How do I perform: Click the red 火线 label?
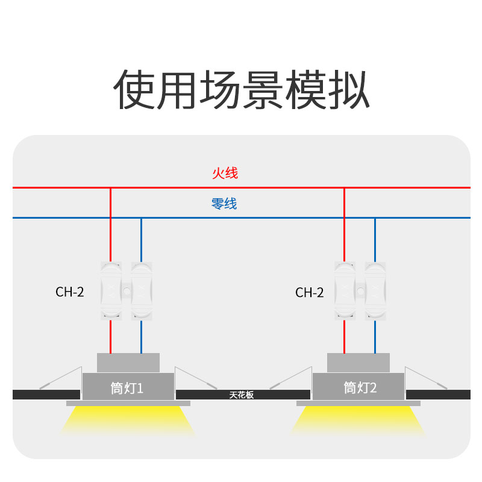pos(225,174)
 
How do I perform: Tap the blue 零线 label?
pos(224,204)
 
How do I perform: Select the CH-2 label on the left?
pos(70,292)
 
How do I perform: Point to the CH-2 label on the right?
pos(310,293)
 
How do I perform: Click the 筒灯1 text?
pos(127,387)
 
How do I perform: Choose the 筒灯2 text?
pos(360,387)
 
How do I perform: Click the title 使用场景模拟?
pos(241,90)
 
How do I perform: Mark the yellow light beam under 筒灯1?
pos(127,420)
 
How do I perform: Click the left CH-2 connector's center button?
pos(127,292)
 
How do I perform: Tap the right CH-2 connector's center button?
pos(360,292)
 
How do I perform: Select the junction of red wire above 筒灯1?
pos(110,188)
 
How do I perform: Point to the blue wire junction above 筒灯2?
pos(375,218)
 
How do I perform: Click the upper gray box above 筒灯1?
pos(128,363)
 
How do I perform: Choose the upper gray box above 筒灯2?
pos(358,363)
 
